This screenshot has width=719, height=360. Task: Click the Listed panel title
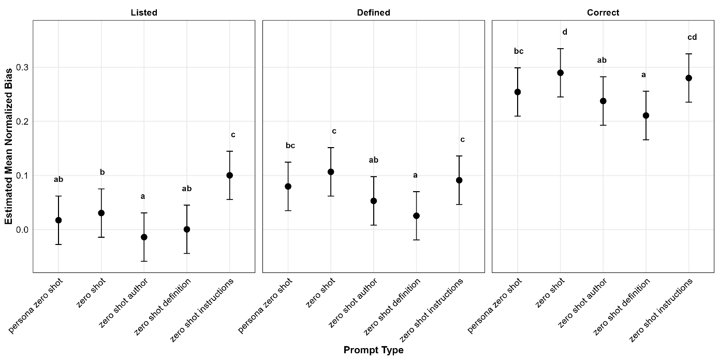coord(144,12)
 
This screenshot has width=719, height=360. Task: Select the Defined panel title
coord(373,12)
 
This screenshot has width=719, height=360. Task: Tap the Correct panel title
coord(603,12)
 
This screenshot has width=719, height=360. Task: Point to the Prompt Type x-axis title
coord(373,351)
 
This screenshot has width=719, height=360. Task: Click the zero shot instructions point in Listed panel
coord(229,175)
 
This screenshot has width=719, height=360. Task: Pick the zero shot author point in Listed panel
coord(144,237)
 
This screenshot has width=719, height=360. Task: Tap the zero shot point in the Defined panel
coord(331,171)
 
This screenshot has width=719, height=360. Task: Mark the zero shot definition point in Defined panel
coord(416,215)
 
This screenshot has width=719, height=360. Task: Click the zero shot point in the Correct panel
coord(560,73)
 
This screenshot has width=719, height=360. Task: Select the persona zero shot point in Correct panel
coord(517,92)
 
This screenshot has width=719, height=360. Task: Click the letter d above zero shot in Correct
coord(565,32)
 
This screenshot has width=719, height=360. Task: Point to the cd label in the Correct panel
coord(692,37)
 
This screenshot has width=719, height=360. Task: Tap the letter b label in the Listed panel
coord(102,172)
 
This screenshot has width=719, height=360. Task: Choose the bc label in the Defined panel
coord(290,146)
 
